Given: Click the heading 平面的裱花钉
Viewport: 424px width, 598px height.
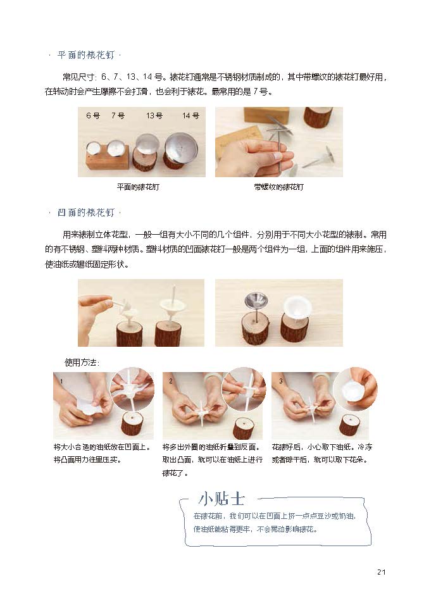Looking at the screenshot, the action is pyautogui.click(x=86, y=55).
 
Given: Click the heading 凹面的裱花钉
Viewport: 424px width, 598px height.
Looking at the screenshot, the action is pyautogui.click(x=86, y=213).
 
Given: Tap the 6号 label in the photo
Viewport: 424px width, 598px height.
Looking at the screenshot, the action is pyautogui.click(x=93, y=116).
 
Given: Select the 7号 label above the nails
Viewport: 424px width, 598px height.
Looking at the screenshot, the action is pyautogui.click(x=118, y=116).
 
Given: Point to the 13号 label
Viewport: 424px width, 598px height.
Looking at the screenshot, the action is pyautogui.click(x=154, y=116).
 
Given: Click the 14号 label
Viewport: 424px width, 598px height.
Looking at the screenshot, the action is pyautogui.click(x=190, y=116).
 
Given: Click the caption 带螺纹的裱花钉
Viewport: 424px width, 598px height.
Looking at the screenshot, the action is pyautogui.click(x=279, y=187).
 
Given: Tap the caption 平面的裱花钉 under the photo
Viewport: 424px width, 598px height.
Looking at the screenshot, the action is pyautogui.click(x=138, y=187).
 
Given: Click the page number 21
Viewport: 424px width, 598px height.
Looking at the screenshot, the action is pyautogui.click(x=382, y=572).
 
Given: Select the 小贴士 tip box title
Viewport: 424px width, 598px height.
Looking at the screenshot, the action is pyautogui.click(x=221, y=499).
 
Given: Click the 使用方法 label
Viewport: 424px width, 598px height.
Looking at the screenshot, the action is pyautogui.click(x=82, y=363).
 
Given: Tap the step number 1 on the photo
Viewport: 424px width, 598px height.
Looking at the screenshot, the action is pyautogui.click(x=62, y=381).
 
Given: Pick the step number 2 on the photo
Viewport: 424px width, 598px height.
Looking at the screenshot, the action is pyautogui.click(x=170, y=381).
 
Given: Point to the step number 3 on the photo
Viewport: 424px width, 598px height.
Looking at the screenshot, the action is pyautogui.click(x=281, y=381).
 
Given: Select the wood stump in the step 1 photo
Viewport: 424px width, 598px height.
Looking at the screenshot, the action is pyautogui.click(x=132, y=426).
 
